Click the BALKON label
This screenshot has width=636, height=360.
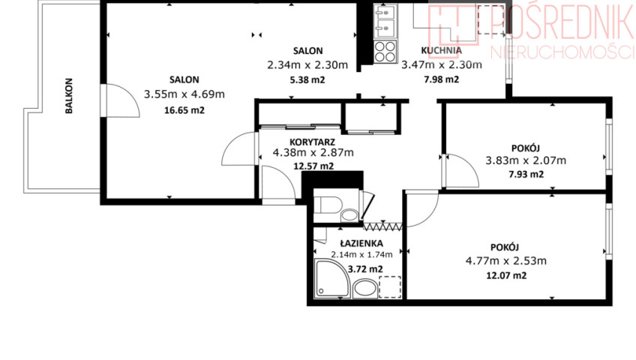point(69,96)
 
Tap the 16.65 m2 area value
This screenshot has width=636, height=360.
point(184,110)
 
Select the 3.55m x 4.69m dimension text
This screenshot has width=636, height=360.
point(184,94)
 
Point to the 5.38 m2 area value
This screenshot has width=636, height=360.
point(307,79)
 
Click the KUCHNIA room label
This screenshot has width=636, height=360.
point(441,51)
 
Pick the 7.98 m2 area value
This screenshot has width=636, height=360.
point(441,79)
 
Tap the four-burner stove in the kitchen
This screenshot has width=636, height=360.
point(385,52)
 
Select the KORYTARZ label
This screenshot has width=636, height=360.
point(312,142)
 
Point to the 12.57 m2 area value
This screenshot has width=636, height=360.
point(313,166)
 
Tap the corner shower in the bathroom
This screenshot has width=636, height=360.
point(332,278)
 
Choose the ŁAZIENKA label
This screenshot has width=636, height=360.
point(361,243)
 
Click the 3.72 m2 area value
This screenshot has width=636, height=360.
point(365,269)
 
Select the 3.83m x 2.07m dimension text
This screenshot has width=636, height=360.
point(526,160)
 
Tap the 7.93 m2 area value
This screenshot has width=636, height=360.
point(526,174)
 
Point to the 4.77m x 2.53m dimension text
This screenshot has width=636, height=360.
point(505,261)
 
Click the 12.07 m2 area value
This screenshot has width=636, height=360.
point(506,276)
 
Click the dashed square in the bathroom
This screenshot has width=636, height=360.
point(390,287)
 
